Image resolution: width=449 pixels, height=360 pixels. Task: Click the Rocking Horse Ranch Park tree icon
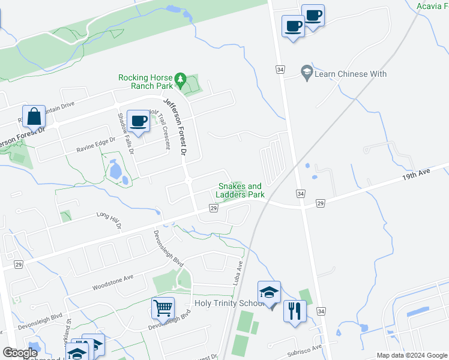179,79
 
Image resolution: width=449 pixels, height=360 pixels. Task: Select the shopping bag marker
34,118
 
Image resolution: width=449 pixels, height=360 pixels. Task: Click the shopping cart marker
163,309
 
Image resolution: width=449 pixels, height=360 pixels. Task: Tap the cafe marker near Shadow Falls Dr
139,122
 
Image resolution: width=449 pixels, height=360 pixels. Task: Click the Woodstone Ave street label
112,282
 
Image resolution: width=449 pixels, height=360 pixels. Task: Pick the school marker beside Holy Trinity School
270,293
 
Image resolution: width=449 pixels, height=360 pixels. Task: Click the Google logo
20,353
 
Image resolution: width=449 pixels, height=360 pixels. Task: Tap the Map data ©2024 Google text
411,355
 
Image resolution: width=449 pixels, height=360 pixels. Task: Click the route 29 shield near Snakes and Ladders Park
212,208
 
